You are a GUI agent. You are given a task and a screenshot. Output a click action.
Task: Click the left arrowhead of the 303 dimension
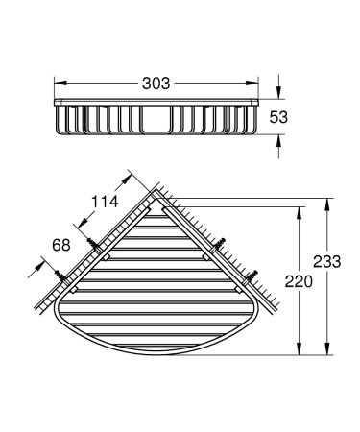(x=57, y=85)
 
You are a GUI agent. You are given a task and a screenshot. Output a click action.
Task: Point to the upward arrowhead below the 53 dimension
(x=278, y=139)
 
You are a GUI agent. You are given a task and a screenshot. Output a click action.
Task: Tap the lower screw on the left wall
(x=70, y=280)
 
